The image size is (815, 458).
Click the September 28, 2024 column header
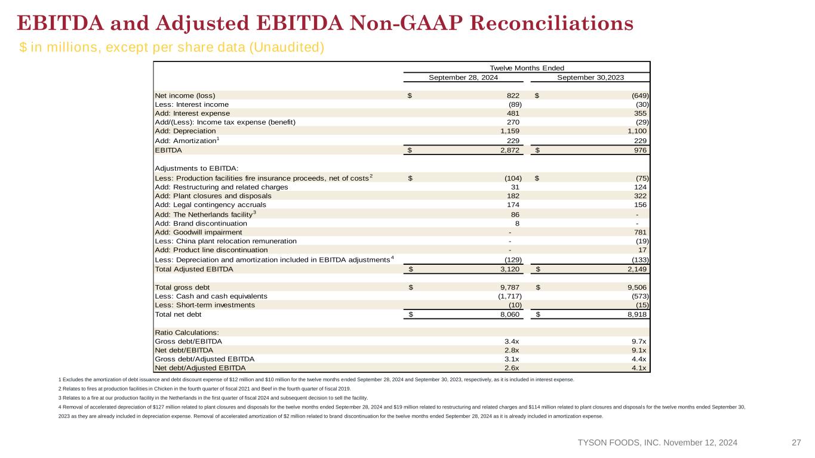[x=463, y=78]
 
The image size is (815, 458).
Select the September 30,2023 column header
[x=591, y=78]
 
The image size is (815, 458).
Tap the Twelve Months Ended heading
[x=527, y=68]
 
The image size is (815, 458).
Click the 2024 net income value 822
[x=513, y=95]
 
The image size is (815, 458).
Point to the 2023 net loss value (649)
[x=640, y=95]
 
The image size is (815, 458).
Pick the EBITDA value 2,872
[x=510, y=150]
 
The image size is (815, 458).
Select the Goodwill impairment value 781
[x=640, y=232]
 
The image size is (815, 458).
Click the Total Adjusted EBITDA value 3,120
[x=510, y=269]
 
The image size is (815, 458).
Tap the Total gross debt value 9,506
[x=637, y=287]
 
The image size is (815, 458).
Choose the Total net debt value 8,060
[x=510, y=314]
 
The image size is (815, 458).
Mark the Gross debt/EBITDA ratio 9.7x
[x=639, y=341]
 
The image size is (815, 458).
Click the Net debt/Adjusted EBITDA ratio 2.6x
[x=512, y=368]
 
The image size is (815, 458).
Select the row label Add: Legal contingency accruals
[x=210, y=205]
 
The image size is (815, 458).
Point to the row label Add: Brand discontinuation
[x=201, y=224]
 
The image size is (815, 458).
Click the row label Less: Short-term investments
[x=205, y=305]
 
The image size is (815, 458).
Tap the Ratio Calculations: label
[x=187, y=333]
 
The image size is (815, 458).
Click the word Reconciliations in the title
[x=552, y=23]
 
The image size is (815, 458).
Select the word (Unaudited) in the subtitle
[x=287, y=47]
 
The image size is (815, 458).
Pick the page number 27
[x=796, y=442]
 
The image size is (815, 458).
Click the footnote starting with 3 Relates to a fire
[x=213, y=398]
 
